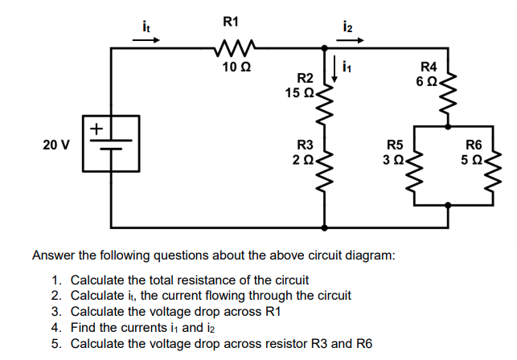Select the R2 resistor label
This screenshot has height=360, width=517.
click(306, 79)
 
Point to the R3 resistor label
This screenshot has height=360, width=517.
click(306, 145)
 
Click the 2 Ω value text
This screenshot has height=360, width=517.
click(302, 160)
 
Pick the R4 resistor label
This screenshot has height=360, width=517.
click(430, 67)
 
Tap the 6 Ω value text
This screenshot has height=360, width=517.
click(427, 81)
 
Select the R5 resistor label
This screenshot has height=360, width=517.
click(395, 145)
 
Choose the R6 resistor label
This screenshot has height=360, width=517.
click(474, 145)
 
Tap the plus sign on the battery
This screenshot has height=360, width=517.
click(96, 127)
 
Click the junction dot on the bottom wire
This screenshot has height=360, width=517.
click(325, 227)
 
